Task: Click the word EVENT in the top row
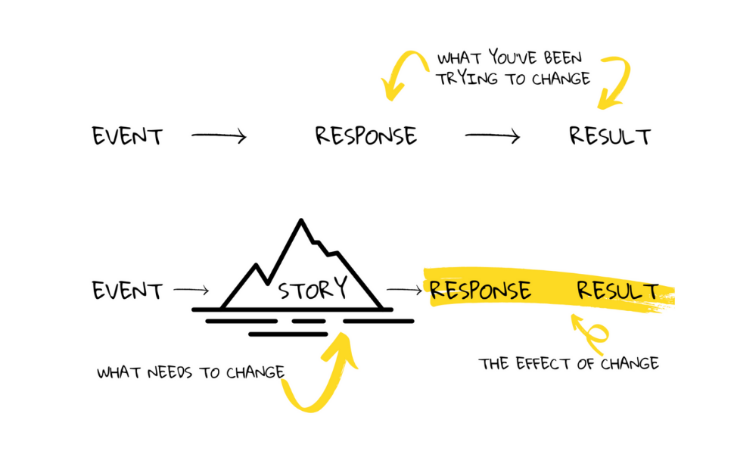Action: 127,137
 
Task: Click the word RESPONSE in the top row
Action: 366,136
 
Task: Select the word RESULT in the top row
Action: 610,136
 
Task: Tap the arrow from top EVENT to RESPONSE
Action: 219,136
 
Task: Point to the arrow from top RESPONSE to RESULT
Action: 493,136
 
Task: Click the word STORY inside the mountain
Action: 313,289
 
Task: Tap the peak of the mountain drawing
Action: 301,222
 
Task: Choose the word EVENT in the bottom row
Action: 127,291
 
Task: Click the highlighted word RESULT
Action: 617,291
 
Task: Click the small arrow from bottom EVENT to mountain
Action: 191,290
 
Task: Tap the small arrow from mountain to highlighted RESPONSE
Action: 404,290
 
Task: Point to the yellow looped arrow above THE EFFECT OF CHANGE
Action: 586,333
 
